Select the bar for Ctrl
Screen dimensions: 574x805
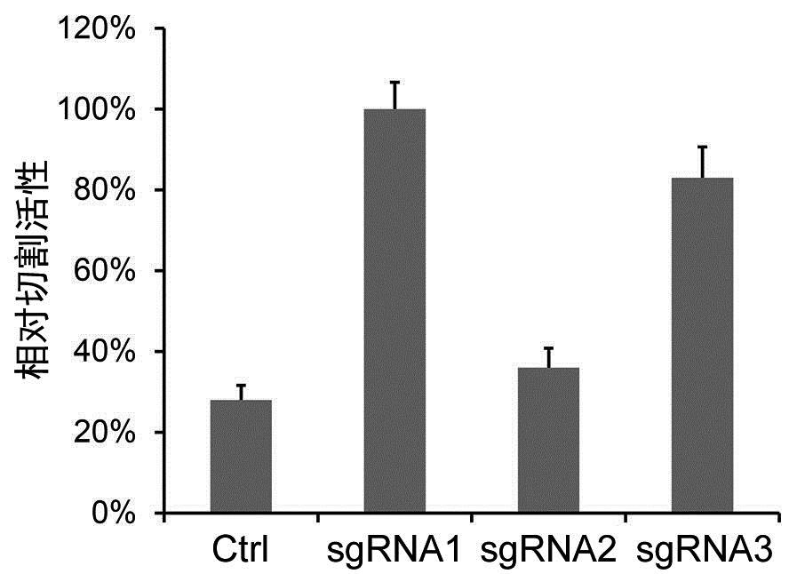(241, 457)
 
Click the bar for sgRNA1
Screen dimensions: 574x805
(395, 311)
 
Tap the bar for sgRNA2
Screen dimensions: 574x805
(548, 440)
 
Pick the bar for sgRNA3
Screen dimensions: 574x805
(702, 346)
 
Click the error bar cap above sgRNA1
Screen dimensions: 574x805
(395, 82)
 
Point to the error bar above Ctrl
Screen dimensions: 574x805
(241, 392)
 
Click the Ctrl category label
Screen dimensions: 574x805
(241, 551)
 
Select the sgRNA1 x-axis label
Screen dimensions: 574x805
(394, 551)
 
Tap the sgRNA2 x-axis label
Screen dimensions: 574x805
(548, 551)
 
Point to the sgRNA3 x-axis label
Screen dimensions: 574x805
(703, 551)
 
